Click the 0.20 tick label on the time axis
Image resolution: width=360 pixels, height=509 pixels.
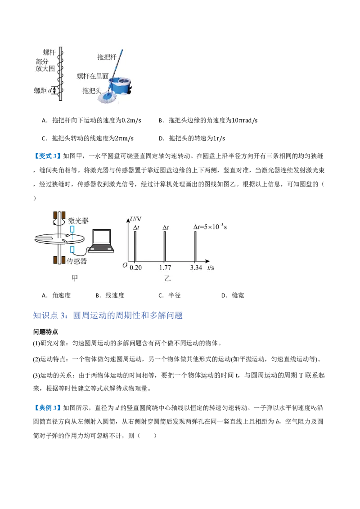click(135, 268)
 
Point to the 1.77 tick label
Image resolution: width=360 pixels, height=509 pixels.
click(165, 268)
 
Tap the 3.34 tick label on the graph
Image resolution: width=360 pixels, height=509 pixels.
click(196, 268)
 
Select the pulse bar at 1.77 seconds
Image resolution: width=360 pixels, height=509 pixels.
click(165, 246)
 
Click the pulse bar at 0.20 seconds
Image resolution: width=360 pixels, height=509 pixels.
click(135, 246)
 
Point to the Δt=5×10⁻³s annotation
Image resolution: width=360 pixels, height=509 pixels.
click(210, 227)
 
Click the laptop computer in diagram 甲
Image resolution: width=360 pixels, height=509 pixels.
click(101, 241)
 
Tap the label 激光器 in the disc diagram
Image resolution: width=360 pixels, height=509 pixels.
click(78, 221)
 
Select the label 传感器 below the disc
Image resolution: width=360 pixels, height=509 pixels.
click(77, 261)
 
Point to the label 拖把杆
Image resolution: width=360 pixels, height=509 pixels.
click(107, 57)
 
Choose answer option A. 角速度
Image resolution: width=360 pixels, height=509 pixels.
click(56, 295)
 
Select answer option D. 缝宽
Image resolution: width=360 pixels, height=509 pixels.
click(233, 295)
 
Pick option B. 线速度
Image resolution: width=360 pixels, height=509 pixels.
click(110, 295)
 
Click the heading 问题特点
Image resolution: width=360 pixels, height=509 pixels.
click(45, 332)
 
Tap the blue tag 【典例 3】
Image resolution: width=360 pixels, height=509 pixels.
click(47, 408)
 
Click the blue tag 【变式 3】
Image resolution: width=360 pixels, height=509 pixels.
click(47, 156)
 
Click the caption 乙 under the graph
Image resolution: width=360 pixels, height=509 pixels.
click(167, 278)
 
